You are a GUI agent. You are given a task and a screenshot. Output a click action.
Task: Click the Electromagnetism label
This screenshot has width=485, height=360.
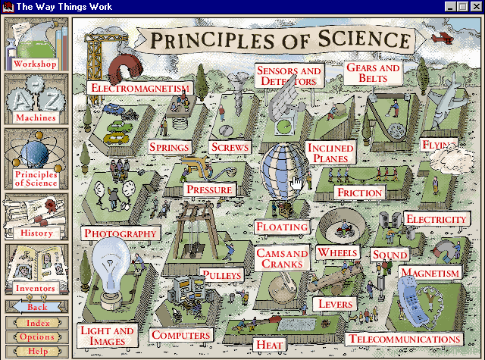point(139,88)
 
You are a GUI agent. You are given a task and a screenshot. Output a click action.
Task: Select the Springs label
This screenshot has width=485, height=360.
point(169,147)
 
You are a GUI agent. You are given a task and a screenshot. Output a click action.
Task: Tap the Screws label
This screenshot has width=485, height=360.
point(230,147)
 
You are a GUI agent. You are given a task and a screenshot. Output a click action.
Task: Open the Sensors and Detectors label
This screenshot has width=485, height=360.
point(289,75)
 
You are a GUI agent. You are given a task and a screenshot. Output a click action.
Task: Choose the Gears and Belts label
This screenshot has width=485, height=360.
point(373,73)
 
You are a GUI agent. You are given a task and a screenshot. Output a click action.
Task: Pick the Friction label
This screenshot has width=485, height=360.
point(359,193)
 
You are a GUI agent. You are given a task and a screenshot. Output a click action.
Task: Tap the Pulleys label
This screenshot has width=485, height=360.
point(222,274)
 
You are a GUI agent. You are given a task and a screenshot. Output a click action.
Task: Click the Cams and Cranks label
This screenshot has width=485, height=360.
point(282,258)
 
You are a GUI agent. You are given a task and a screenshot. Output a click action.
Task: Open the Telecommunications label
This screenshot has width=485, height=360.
point(405,339)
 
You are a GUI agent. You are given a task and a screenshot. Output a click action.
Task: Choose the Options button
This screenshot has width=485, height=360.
point(36,337)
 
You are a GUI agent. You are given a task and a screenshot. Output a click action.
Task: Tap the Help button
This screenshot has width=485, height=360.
point(36,351)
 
